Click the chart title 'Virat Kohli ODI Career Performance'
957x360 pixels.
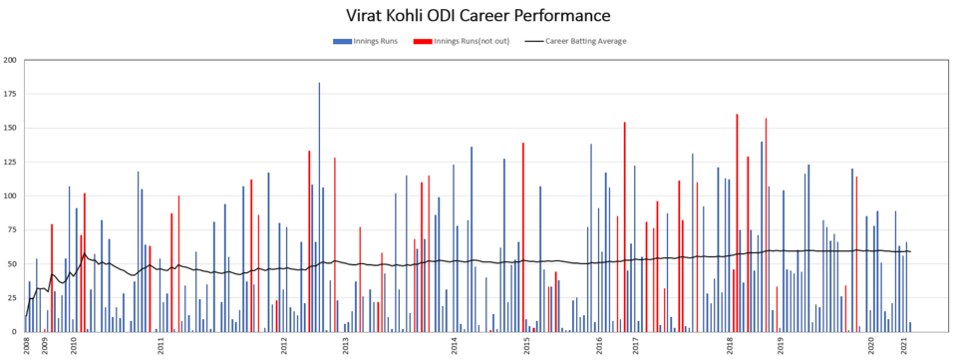478,14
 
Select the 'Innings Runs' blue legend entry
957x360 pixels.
365,41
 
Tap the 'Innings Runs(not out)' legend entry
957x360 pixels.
461,41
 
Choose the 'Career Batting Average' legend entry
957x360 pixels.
575,41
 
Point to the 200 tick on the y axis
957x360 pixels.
10,61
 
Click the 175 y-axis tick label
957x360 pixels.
10,94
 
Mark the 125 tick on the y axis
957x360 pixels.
10,163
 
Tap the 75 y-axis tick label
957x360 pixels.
12,230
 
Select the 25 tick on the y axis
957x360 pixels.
12,298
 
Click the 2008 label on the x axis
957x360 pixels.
27,346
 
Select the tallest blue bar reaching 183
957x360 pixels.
319,207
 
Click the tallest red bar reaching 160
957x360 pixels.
737,223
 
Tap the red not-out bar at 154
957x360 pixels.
624,227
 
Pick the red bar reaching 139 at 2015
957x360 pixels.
523,237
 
